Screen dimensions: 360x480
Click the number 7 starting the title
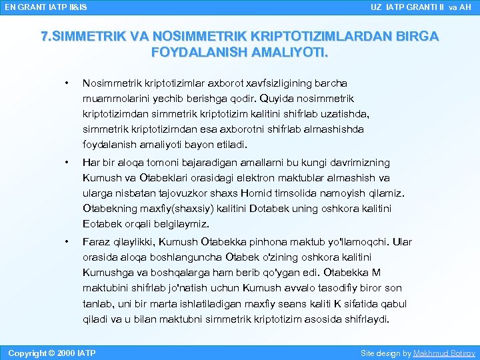[45, 37]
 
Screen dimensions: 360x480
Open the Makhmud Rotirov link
[444, 353]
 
